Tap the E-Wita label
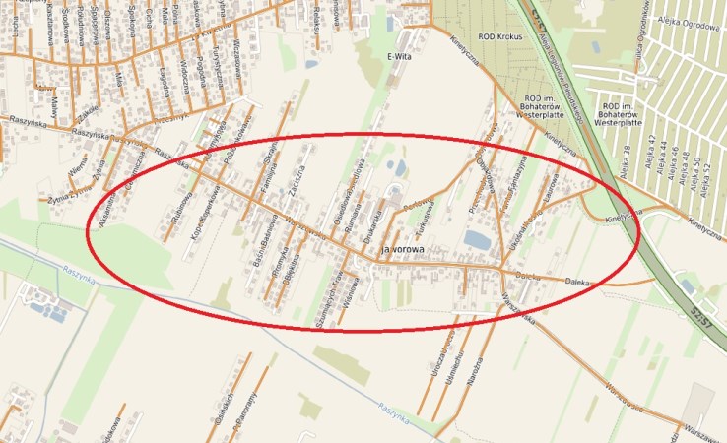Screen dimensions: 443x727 point(398,55)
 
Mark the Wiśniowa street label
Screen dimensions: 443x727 point(355,291)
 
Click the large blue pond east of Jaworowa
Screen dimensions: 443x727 point(477,240)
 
